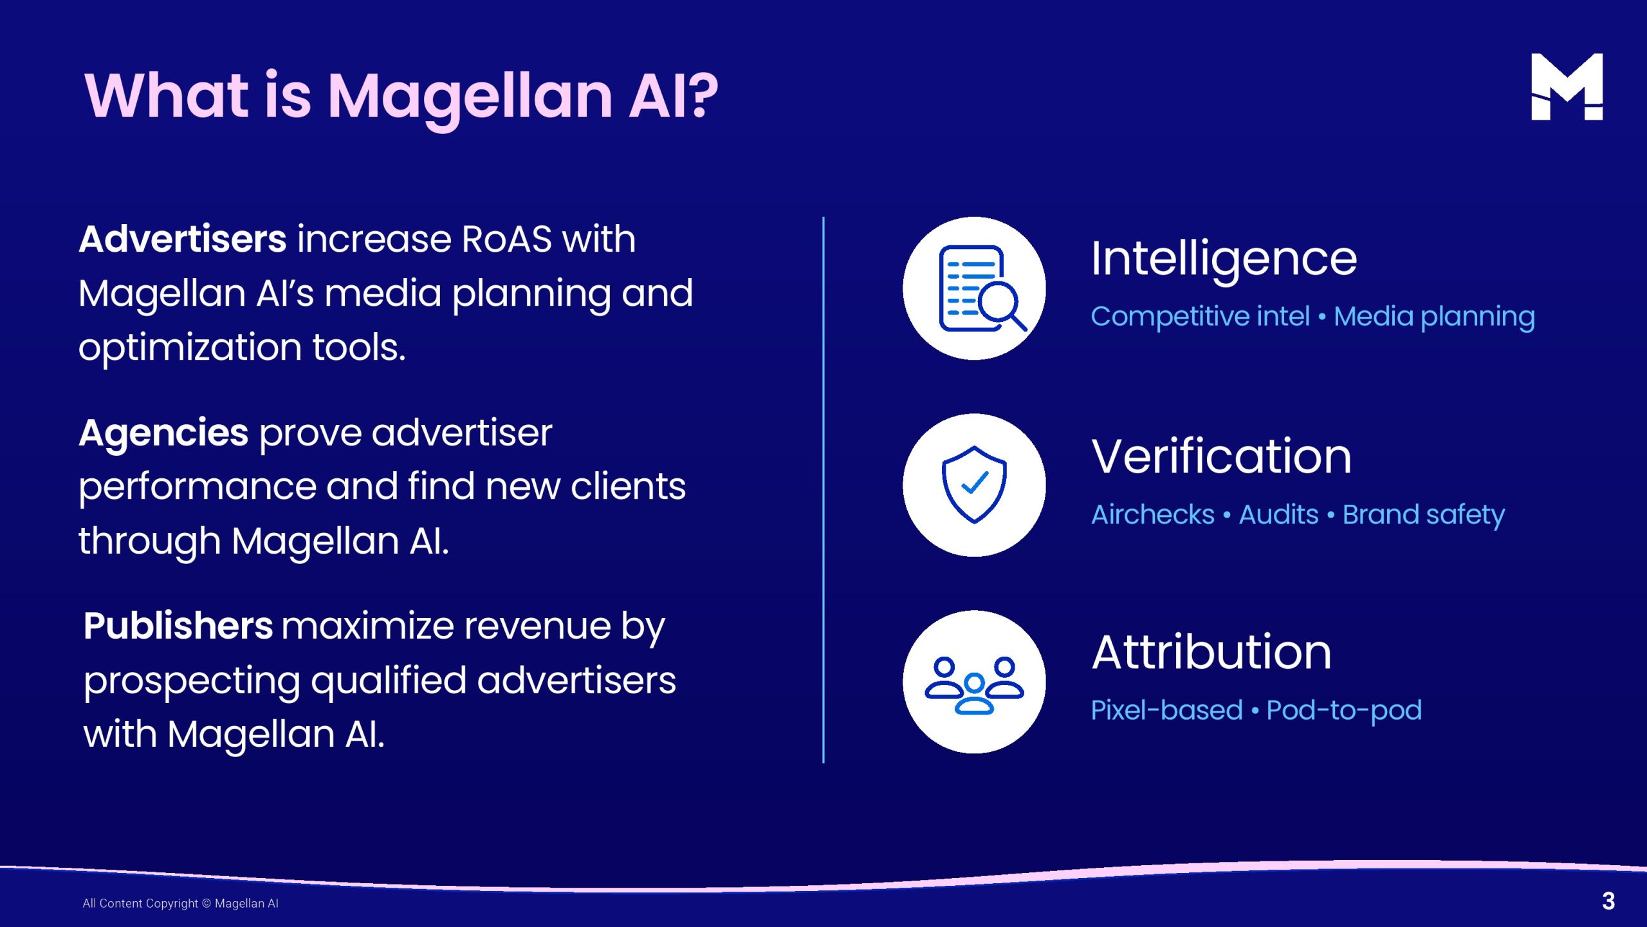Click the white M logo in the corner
pyautogui.click(x=1567, y=87)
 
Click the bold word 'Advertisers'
pyautogui.click(x=183, y=239)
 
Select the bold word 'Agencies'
pyautogui.click(x=163, y=433)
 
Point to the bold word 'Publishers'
pyautogui.click(x=178, y=626)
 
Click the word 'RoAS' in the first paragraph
pyautogui.click(x=507, y=239)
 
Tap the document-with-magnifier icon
pyautogui.click(x=982, y=288)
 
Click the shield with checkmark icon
pyautogui.click(x=974, y=485)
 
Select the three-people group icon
pyautogui.click(x=974, y=685)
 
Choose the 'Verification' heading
pyautogui.click(x=1222, y=456)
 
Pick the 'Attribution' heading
pyautogui.click(x=1211, y=653)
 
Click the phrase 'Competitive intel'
pyautogui.click(x=1201, y=316)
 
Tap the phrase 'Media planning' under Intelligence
pyautogui.click(x=1435, y=317)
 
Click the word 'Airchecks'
pyautogui.click(x=1153, y=514)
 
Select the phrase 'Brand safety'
pyautogui.click(x=1424, y=516)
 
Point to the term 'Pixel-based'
pyautogui.click(x=1167, y=710)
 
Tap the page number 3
pyautogui.click(x=1608, y=901)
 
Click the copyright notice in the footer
pyautogui.click(x=181, y=903)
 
